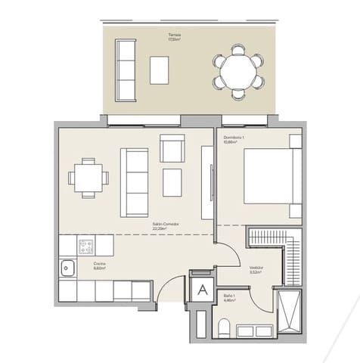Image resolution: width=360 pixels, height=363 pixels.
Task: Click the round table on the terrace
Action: pyautogui.click(x=238, y=72)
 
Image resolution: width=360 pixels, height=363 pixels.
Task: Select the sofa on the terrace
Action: pyautogui.click(x=125, y=70)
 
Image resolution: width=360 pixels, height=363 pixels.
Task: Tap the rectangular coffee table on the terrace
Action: pyautogui.click(x=160, y=70)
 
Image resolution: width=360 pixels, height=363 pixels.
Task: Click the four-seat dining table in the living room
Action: pyautogui.click(x=88, y=178)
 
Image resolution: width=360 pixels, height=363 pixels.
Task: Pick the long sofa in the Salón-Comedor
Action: pyautogui.click(x=135, y=181)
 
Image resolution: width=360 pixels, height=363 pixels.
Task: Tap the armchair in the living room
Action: pyautogui.click(x=172, y=147)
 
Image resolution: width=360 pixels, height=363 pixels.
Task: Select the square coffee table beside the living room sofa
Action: pyautogui.click(x=172, y=181)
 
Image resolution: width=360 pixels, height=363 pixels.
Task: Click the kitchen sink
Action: pyautogui.click(x=67, y=267)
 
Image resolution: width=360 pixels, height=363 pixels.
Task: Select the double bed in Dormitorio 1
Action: pyautogui.click(x=271, y=175)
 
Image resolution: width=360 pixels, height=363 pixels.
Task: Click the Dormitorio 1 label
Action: pyautogui.click(x=232, y=138)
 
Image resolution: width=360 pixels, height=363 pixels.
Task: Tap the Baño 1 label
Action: pyautogui.click(x=229, y=296)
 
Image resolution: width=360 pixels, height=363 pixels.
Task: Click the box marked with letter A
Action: pyautogui.click(x=203, y=288)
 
